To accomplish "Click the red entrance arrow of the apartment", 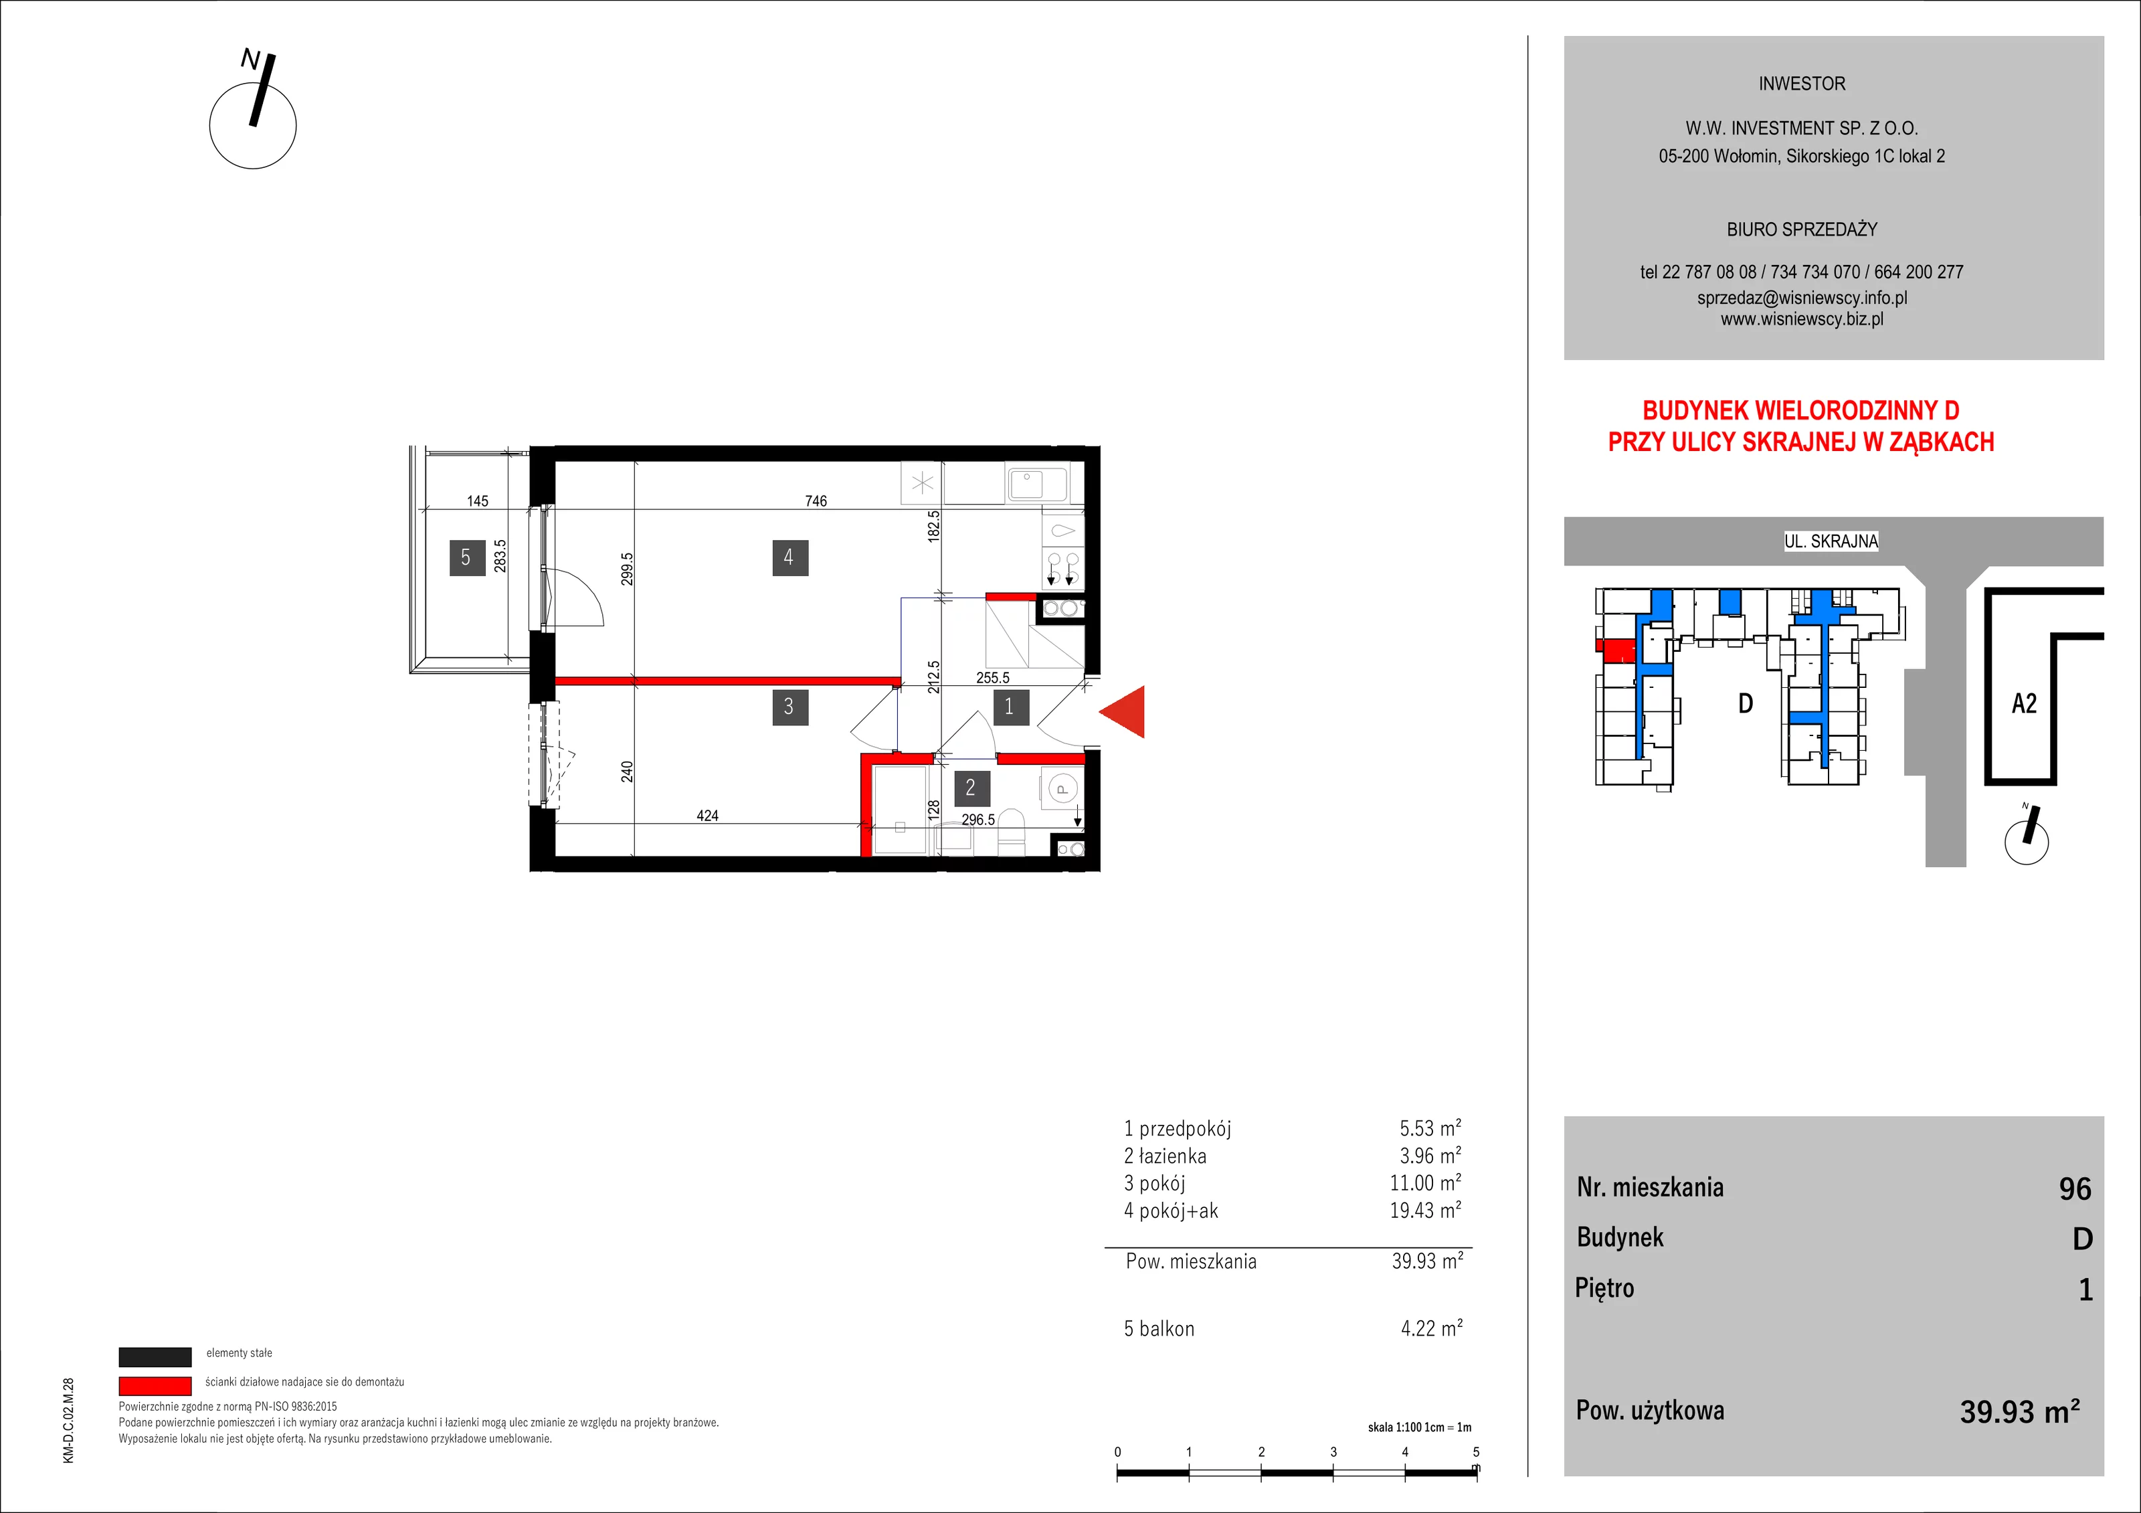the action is [x=1122, y=712].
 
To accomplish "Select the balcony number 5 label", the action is [x=467, y=558].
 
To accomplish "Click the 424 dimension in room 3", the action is [x=708, y=815].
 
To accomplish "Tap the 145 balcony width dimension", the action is [x=478, y=501].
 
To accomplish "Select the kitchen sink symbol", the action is [x=1037, y=483].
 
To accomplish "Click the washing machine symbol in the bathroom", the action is [x=1061, y=788].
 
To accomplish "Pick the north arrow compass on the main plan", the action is [x=253, y=113].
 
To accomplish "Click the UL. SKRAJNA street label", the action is [x=1831, y=541].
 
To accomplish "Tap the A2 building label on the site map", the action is [x=2025, y=703].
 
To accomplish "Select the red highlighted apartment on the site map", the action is [x=1616, y=650].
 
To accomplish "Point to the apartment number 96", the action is [x=2075, y=1188].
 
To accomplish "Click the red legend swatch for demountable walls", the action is [x=155, y=1385].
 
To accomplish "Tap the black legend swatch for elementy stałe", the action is [x=155, y=1356].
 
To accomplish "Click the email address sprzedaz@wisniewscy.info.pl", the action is [x=1802, y=298].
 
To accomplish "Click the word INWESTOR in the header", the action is [x=1802, y=84].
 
